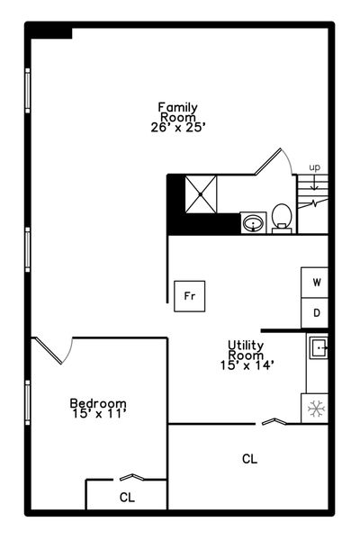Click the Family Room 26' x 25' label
click(x=178, y=117)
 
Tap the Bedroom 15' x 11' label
click(x=98, y=408)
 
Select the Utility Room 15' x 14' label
click(x=247, y=355)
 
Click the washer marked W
click(x=314, y=283)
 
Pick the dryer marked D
click(x=314, y=313)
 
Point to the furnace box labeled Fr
click(x=190, y=296)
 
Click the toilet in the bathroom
click(x=282, y=219)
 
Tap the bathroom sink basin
click(x=253, y=223)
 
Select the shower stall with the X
click(x=202, y=194)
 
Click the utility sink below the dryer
click(x=319, y=347)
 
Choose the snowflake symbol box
click(x=314, y=409)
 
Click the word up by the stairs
click(x=314, y=167)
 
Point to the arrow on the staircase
click(x=314, y=182)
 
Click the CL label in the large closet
click(x=250, y=459)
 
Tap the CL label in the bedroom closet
click(x=127, y=498)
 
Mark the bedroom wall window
click(x=28, y=402)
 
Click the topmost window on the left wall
click(x=28, y=91)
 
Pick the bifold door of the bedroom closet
click(x=131, y=477)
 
